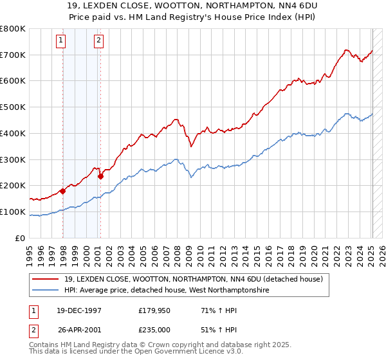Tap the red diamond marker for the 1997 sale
click(x=63, y=191)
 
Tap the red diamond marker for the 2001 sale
click(x=100, y=176)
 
